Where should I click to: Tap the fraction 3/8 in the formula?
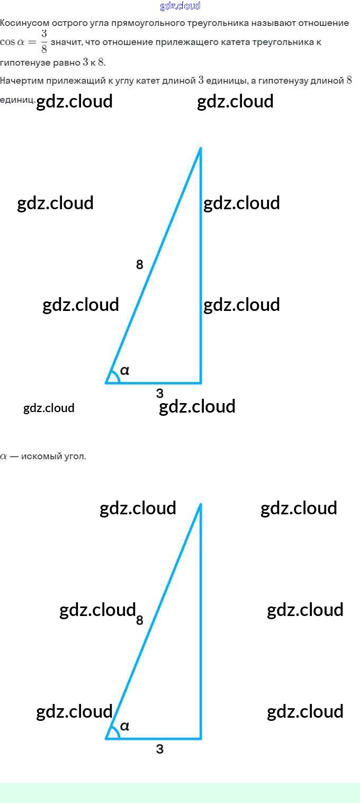pyautogui.click(x=44, y=41)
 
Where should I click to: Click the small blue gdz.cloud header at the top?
pyautogui.click(x=180, y=6)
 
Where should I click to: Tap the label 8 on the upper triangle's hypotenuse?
pyautogui.click(x=139, y=264)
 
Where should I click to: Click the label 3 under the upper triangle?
pyautogui.click(x=160, y=393)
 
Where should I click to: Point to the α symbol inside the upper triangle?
pyautogui.click(x=125, y=371)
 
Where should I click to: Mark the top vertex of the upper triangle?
pyautogui.click(x=201, y=148)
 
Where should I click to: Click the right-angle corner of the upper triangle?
pyautogui.click(x=201, y=382)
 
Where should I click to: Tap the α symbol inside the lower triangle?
pyautogui.click(x=125, y=726)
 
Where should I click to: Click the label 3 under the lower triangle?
pyautogui.click(x=160, y=749)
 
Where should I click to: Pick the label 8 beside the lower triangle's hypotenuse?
pyautogui.click(x=139, y=620)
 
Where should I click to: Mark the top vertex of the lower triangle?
pyautogui.click(x=201, y=504)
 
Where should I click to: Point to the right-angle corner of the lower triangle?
pyautogui.click(x=201, y=738)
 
